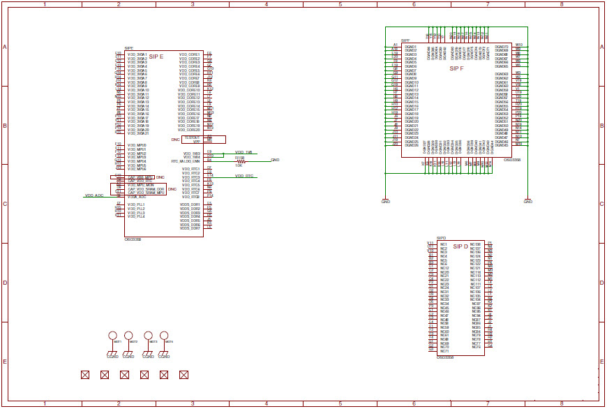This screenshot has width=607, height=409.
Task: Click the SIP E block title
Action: point(156,56)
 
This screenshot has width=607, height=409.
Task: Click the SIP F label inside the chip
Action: point(457,69)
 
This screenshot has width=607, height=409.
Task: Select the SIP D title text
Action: point(460,246)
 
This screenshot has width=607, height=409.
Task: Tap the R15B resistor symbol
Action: point(241,161)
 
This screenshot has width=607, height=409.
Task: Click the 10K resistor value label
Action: point(239,165)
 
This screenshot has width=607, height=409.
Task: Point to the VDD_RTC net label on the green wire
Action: point(243,176)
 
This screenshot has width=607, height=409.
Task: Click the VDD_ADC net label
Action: point(94,195)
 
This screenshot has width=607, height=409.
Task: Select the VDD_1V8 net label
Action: point(243,152)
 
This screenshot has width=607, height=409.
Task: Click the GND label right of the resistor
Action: point(275,160)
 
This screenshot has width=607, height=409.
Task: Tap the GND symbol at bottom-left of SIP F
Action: point(386,201)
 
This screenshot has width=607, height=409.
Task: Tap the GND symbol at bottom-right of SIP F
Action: point(528,201)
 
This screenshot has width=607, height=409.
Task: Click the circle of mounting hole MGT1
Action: point(113,336)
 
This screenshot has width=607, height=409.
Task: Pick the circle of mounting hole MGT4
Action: point(166,336)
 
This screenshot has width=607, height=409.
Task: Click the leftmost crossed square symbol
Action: point(85,375)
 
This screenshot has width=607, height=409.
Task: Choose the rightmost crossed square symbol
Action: point(184,375)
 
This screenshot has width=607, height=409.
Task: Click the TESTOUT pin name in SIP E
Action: point(192,137)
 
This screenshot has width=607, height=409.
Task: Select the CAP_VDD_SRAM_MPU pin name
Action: point(146,192)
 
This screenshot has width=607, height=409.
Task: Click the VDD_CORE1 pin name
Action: point(189,54)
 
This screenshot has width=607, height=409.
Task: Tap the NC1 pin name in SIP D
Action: point(444,244)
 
